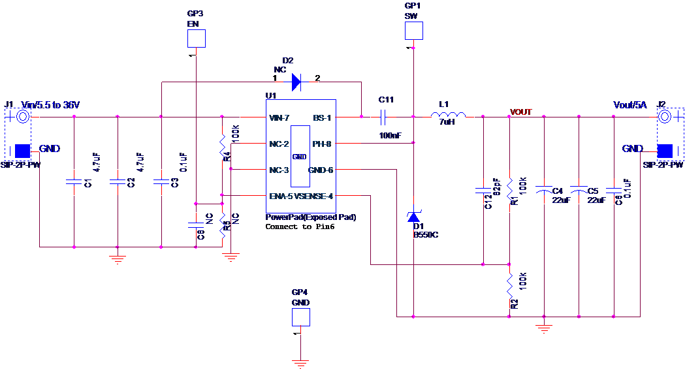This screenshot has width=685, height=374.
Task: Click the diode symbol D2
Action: pos(296,82)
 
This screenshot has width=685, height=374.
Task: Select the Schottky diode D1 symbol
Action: pos(413,217)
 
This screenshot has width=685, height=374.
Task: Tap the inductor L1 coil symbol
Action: pos(449,116)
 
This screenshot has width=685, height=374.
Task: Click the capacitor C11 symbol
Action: pos(385,117)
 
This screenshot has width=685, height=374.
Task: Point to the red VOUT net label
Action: pos(521,112)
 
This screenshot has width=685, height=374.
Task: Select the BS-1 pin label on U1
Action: pos(322,118)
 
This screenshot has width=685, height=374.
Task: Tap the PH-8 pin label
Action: pos(322,144)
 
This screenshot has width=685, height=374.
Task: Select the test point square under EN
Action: pos(197,39)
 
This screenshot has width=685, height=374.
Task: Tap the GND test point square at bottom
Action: pos(300,317)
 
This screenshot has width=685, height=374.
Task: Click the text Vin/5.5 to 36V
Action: pos(50,105)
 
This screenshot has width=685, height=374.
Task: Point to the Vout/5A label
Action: pos(629,105)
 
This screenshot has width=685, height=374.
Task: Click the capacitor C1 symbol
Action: pos(74,181)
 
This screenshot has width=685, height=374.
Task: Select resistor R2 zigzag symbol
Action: pos(509,286)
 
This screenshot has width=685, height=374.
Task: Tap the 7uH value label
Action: pos(447,123)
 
